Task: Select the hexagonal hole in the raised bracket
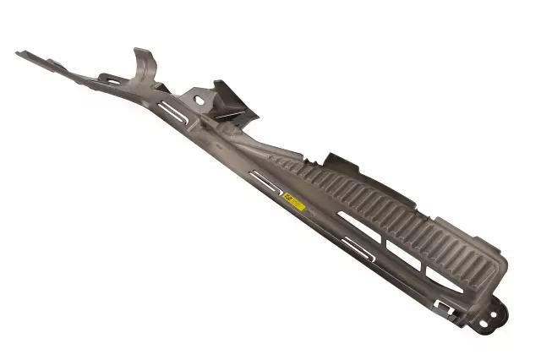199,99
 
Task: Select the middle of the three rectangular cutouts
401,249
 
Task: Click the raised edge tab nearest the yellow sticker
338,161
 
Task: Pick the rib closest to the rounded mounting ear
474,261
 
